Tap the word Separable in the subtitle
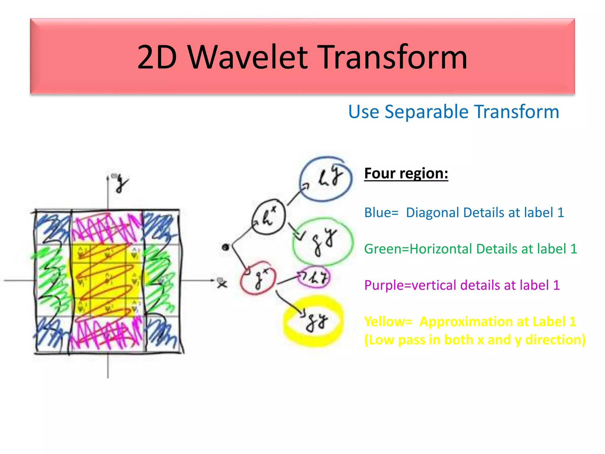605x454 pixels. point(426,112)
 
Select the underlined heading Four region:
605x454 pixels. point(406,173)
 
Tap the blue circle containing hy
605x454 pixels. point(326,179)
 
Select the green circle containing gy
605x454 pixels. point(323,241)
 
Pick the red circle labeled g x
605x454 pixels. point(258,278)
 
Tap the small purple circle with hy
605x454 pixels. point(314,277)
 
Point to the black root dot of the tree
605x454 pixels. point(225,247)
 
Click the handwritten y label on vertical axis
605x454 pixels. point(121,183)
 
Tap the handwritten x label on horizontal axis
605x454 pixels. point(222,284)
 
